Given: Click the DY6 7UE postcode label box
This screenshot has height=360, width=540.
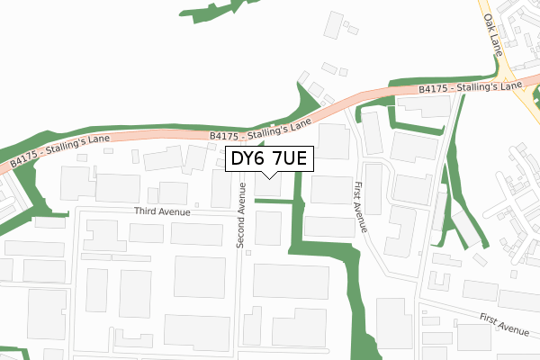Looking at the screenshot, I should tap(268, 159).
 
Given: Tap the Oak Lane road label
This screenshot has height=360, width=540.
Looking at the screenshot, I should tap(493, 33).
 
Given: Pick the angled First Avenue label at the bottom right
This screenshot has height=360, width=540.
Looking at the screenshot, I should tap(503, 324).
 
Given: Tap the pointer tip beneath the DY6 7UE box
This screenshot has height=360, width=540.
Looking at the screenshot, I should tap(268, 176).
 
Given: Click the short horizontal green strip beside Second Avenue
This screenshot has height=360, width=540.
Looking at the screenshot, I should tap(274, 201).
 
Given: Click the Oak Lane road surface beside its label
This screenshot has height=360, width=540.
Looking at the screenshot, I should tap(507, 63).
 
